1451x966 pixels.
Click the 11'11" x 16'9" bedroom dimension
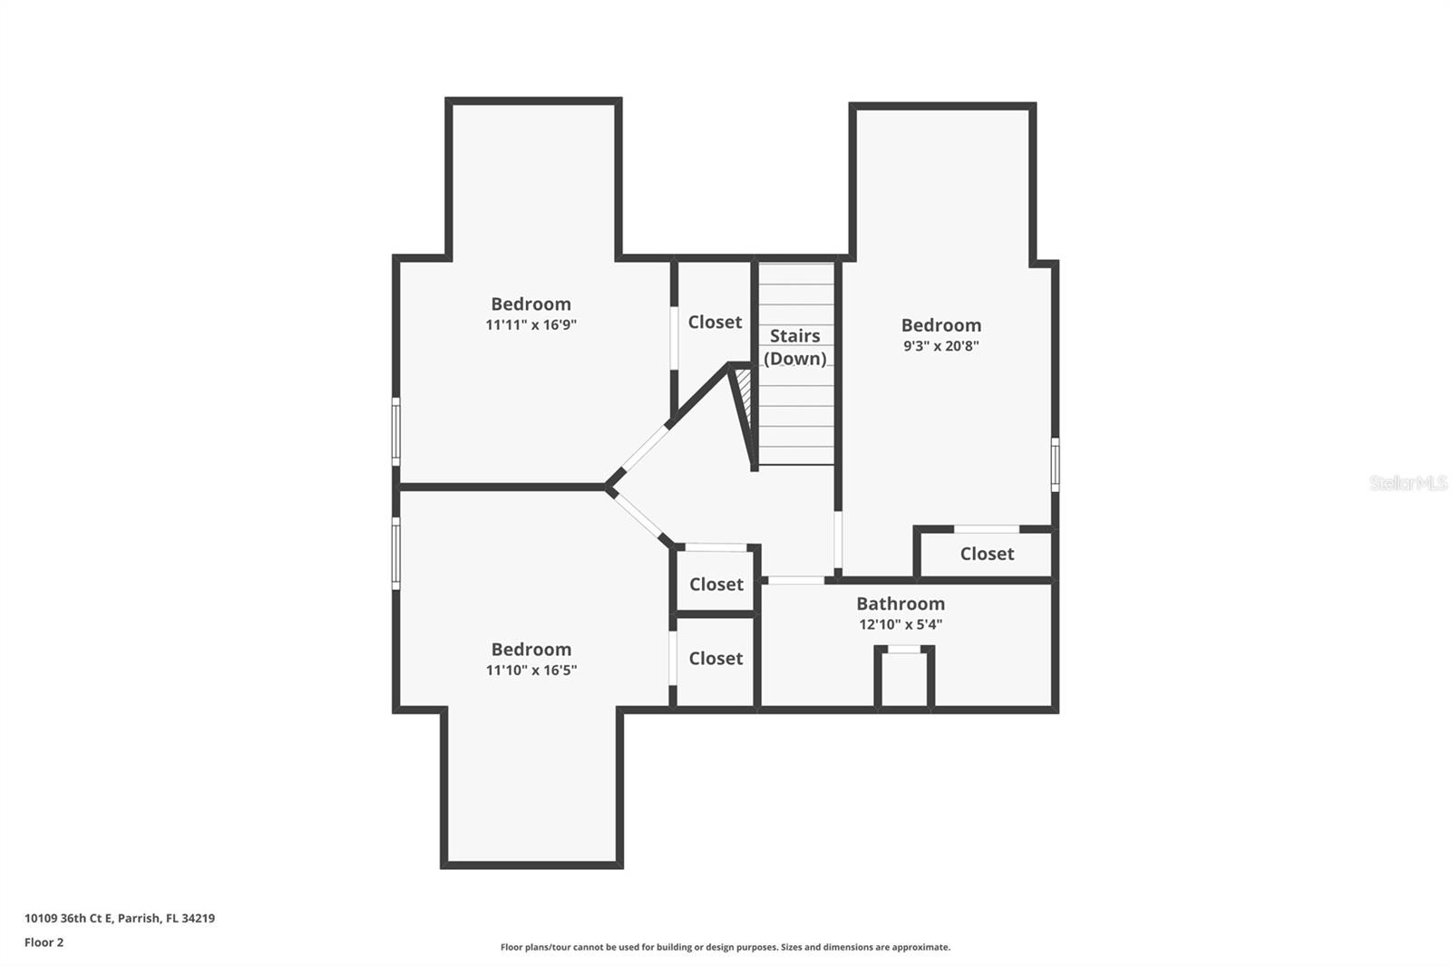pyautogui.click(x=531, y=325)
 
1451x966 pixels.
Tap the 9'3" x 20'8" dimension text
pyautogui.click(x=940, y=346)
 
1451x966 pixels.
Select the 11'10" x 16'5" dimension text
pyautogui.click(x=531, y=671)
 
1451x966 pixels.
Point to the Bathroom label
pyautogui.click(x=900, y=604)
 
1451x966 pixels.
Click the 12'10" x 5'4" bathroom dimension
pyautogui.click(x=900, y=624)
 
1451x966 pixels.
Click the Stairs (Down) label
pyautogui.click(x=794, y=347)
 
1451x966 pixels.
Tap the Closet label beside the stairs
pyautogui.click(x=715, y=323)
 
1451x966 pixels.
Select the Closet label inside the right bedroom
pyautogui.click(x=987, y=554)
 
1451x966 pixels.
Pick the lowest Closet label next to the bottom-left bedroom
pyautogui.click(x=716, y=659)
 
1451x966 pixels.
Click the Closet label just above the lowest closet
pyautogui.click(x=716, y=584)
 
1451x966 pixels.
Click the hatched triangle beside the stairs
pyautogui.click(x=744, y=390)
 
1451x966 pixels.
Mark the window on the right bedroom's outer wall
pyautogui.click(x=1055, y=464)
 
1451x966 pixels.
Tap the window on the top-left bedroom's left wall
pyautogui.click(x=395, y=431)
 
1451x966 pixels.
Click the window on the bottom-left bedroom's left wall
pyautogui.click(x=395, y=553)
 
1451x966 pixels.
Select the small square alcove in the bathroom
pyautogui.click(x=903, y=680)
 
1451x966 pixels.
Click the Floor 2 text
pyautogui.click(x=44, y=942)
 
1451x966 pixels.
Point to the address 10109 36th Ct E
pyautogui.click(x=119, y=918)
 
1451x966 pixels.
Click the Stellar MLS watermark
pyautogui.click(x=1407, y=483)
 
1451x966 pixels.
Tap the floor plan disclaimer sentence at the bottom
pyautogui.click(x=725, y=948)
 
